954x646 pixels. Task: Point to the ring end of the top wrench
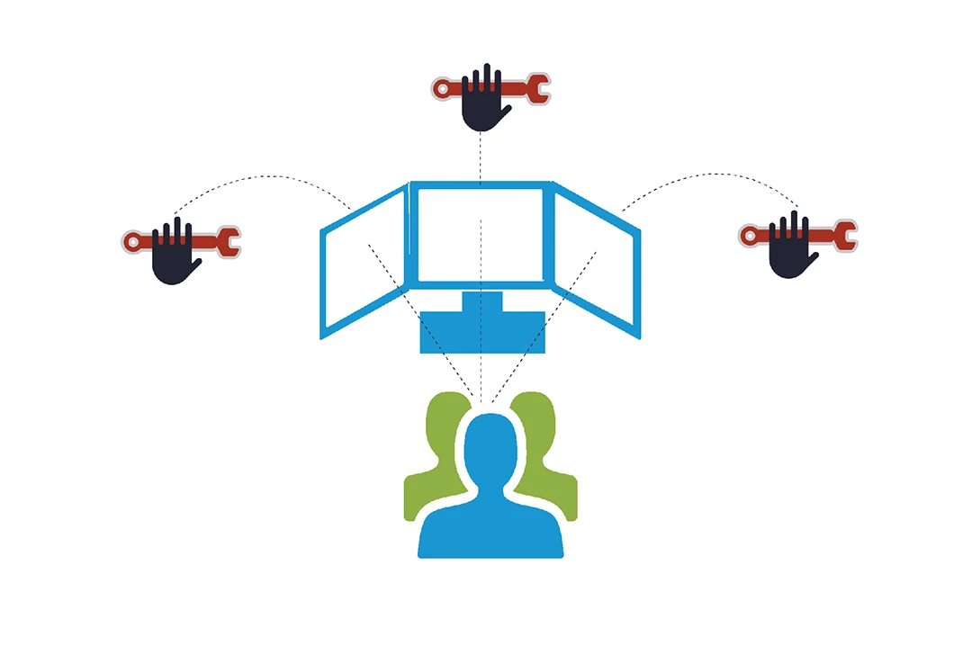point(441,88)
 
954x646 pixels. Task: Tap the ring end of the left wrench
point(132,241)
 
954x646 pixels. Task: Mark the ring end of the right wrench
point(749,236)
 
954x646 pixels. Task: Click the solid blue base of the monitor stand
point(482,332)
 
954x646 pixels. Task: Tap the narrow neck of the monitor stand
point(482,301)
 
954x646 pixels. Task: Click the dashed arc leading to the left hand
point(261,177)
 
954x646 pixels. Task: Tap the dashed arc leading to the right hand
point(711,175)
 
